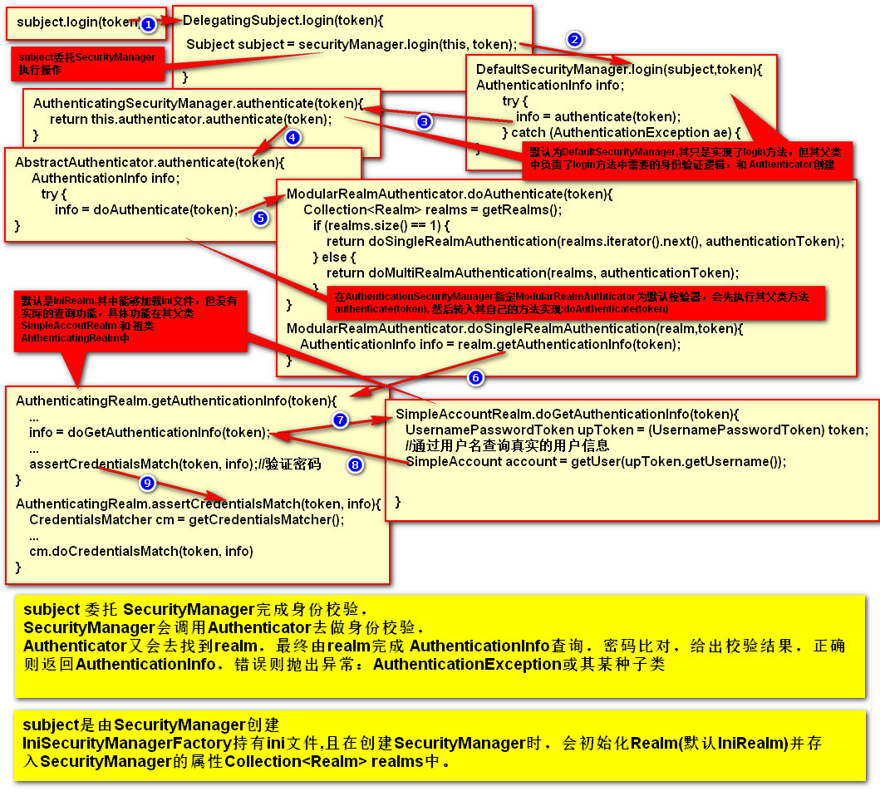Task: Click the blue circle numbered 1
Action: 148,25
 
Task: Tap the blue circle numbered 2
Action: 573,39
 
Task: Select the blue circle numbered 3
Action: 424,121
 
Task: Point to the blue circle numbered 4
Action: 291,137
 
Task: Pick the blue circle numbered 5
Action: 260,219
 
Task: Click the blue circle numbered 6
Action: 475,378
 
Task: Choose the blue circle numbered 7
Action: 340,420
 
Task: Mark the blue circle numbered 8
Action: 356,465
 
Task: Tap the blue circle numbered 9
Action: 147,483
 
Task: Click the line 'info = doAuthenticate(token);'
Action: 146,209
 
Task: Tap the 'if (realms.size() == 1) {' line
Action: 381,225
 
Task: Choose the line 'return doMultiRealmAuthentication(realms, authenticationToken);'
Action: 532,273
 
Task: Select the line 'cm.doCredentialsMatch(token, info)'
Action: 140,551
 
